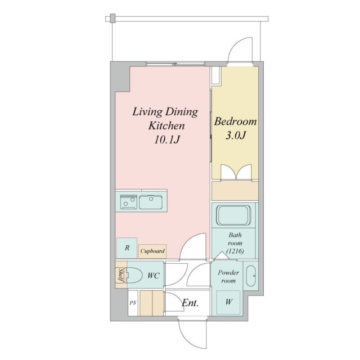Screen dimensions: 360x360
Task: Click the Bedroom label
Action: tap(235, 121)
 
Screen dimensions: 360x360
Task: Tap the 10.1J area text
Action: tap(166, 139)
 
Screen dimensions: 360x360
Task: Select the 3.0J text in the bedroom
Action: tap(236, 135)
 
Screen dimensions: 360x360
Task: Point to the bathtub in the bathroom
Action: tap(234, 215)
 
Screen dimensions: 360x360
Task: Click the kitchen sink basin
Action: tap(151, 202)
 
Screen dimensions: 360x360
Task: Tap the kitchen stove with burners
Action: tap(129, 202)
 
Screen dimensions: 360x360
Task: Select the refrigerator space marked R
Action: tap(127, 248)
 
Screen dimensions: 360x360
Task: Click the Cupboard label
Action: tap(152, 251)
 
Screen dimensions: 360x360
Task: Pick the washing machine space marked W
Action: tap(228, 302)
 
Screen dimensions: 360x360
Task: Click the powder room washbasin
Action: tap(251, 276)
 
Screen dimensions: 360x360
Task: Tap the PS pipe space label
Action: tap(133, 303)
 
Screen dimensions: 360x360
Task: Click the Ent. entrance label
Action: tap(190, 303)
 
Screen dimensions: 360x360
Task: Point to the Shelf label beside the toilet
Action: tap(120, 275)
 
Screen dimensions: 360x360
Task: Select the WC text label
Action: tap(154, 275)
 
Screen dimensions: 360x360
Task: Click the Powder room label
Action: tap(228, 277)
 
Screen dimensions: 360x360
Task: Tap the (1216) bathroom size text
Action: tap(235, 251)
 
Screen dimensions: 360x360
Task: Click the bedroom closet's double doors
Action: tap(236, 172)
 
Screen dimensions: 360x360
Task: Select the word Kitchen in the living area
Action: tap(166, 126)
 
